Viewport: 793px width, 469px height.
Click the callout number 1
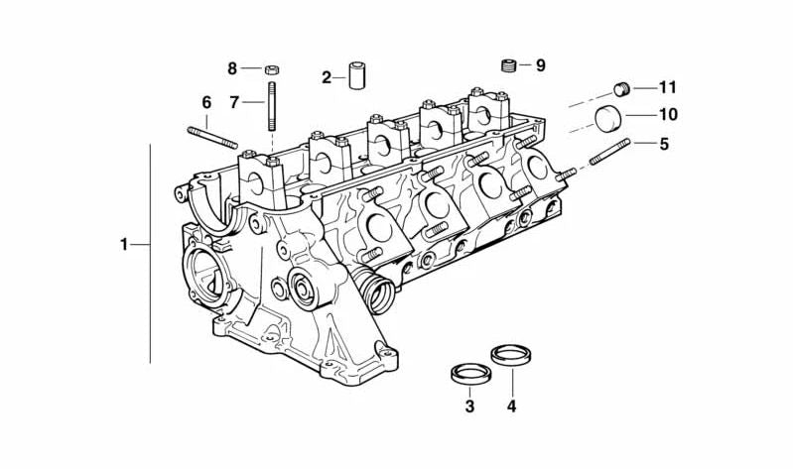click(x=124, y=244)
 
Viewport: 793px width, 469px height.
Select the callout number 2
click(x=327, y=77)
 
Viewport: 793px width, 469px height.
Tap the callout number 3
click(x=469, y=407)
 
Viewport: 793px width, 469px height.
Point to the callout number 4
click(x=511, y=407)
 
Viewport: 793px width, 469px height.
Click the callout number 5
click(x=664, y=144)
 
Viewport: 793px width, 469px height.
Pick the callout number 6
click(x=206, y=102)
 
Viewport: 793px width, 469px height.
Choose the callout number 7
click(x=234, y=101)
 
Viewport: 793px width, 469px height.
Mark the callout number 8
click(x=232, y=68)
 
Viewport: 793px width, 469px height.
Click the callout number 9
click(x=540, y=66)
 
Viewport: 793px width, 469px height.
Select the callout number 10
click(x=668, y=115)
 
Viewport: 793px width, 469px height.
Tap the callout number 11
click(x=667, y=86)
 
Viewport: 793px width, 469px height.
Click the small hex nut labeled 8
click(x=271, y=69)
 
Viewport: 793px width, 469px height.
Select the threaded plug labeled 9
click(x=508, y=66)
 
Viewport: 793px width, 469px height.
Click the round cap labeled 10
click(x=607, y=118)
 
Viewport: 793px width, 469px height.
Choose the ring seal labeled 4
click(x=510, y=352)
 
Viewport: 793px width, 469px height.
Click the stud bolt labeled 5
click(x=609, y=154)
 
